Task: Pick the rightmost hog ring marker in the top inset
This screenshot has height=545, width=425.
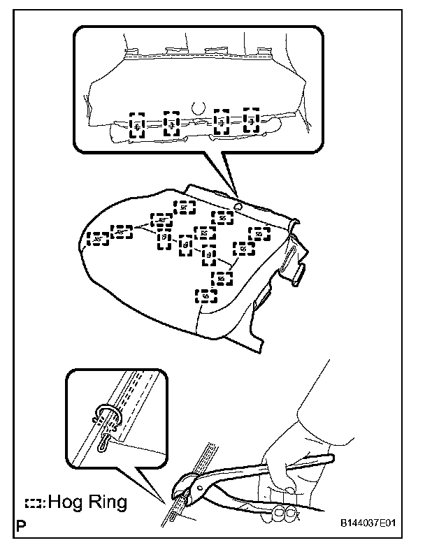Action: pyautogui.click(x=251, y=121)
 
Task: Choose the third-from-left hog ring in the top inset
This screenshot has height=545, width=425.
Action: pyautogui.click(x=222, y=122)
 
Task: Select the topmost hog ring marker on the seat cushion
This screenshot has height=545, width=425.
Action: pyautogui.click(x=184, y=207)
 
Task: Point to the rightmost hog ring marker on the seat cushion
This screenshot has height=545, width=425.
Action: pyautogui.click(x=259, y=233)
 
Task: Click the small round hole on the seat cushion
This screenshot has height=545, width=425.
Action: pyautogui.click(x=239, y=206)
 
